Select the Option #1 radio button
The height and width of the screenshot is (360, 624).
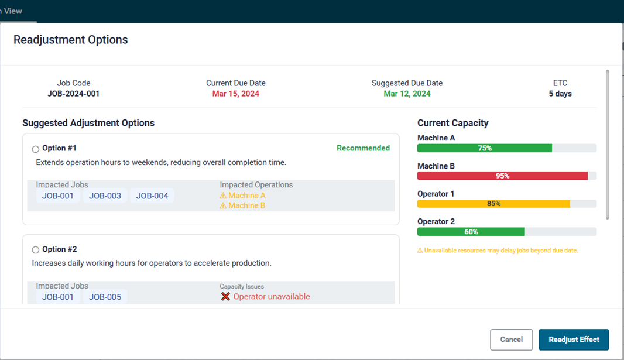36,149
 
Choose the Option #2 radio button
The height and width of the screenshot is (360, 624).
36,250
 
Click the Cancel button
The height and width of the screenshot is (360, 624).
511,340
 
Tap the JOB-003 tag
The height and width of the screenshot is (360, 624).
105,196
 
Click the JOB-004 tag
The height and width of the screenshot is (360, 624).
152,196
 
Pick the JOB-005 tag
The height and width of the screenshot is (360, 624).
105,297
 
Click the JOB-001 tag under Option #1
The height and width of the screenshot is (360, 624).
58,196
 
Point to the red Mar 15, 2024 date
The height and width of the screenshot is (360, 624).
235,94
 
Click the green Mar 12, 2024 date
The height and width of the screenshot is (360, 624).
407,94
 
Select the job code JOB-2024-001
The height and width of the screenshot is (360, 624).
73,94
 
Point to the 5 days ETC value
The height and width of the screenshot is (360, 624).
560,94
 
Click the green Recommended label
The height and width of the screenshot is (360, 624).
363,148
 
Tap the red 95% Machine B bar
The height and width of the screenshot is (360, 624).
502,176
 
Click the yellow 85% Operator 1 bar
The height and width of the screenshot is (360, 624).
493,204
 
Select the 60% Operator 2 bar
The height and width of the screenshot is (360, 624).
471,232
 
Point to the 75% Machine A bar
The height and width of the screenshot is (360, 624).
484,148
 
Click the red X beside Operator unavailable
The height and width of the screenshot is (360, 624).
225,297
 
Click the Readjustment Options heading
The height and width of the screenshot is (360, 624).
70,40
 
